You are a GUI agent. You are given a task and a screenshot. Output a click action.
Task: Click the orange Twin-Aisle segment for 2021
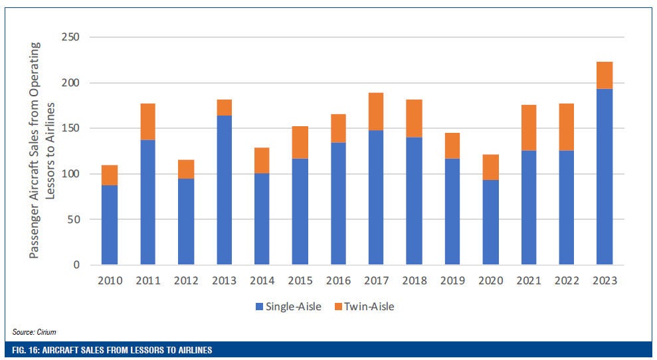tap(528, 128)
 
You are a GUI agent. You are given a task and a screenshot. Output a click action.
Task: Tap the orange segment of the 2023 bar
tap(604, 75)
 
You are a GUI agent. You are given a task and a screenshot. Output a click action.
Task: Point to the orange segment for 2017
tap(376, 112)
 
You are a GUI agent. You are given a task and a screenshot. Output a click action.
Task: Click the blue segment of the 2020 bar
tap(490, 222)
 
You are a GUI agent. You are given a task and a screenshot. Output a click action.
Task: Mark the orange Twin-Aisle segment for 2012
tap(186, 169)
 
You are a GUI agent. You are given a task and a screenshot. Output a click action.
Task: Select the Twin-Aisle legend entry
tap(366, 306)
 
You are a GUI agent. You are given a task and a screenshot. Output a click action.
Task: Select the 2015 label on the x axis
tap(300, 280)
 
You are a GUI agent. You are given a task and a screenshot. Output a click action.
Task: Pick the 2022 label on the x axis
tap(566, 280)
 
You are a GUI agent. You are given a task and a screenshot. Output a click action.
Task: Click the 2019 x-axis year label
tap(452, 280)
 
